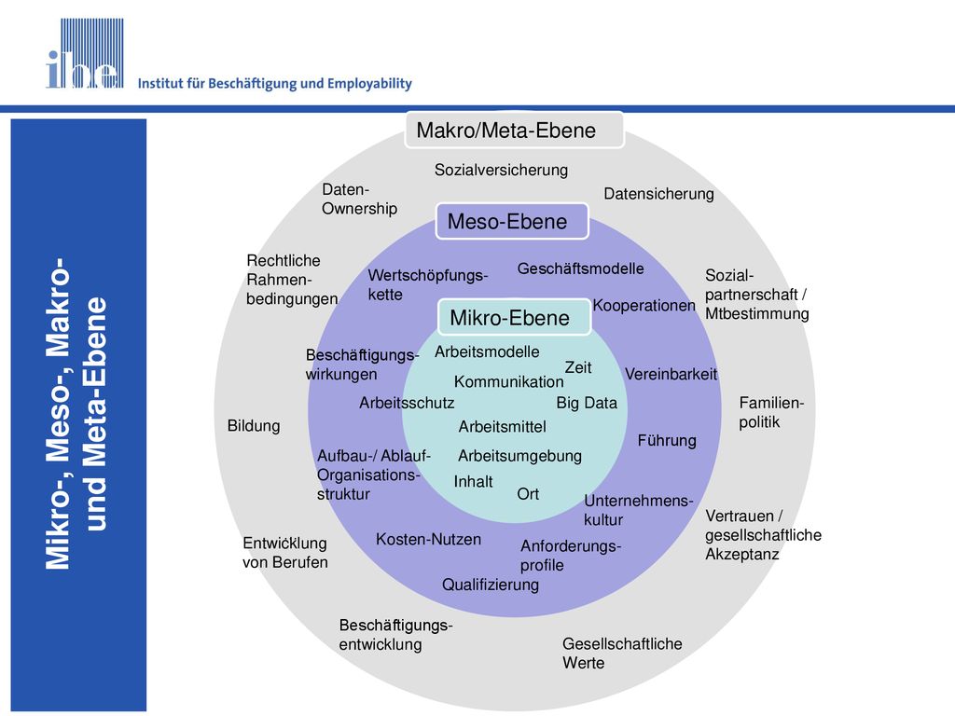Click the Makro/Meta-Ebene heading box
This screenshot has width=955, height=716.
click(x=514, y=130)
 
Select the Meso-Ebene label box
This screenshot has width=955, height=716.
click(x=512, y=221)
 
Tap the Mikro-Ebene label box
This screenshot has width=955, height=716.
click(x=514, y=317)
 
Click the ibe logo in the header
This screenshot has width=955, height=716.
click(x=85, y=53)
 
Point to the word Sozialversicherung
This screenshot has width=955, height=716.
click(x=501, y=170)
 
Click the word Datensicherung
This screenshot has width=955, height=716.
click(x=658, y=194)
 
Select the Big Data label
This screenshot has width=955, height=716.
click(x=587, y=403)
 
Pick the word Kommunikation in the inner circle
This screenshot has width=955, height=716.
click(x=508, y=381)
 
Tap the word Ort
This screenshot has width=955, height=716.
click(x=528, y=494)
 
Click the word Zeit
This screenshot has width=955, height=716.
click(x=578, y=367)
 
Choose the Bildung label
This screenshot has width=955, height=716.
click(x=254, y=425)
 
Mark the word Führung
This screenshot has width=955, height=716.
click(x=667, y=440)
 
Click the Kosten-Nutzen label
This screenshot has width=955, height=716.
click(x=428, y=539)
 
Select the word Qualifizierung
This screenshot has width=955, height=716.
click(x=491, y=585)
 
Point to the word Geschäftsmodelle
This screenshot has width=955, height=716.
click(x=580, y=268)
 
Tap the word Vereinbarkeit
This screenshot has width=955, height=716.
click(x=671, y=374)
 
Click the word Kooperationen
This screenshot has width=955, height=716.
click(x=644, y=305)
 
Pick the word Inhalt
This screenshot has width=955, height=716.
click(x=473, y=482)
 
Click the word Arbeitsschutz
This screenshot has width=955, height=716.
click(x=407, y=403)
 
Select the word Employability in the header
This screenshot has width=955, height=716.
click(x=369, y=83)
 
